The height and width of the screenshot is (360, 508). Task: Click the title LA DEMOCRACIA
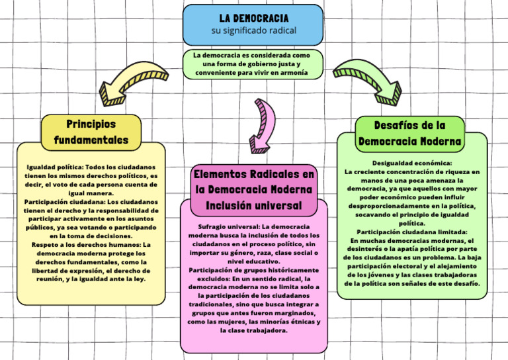point(253,18)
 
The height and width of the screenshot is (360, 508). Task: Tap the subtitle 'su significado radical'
point(253,31)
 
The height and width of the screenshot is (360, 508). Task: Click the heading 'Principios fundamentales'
point(91,132)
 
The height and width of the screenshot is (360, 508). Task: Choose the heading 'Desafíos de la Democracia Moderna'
point(409,133)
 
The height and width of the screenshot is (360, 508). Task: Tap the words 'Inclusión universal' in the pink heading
point(254,206)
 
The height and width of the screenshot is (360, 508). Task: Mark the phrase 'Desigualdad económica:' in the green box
point(411,163)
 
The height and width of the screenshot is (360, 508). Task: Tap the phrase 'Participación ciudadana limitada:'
point(411,232)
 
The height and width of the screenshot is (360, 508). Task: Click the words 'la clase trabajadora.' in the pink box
point(253,330)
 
